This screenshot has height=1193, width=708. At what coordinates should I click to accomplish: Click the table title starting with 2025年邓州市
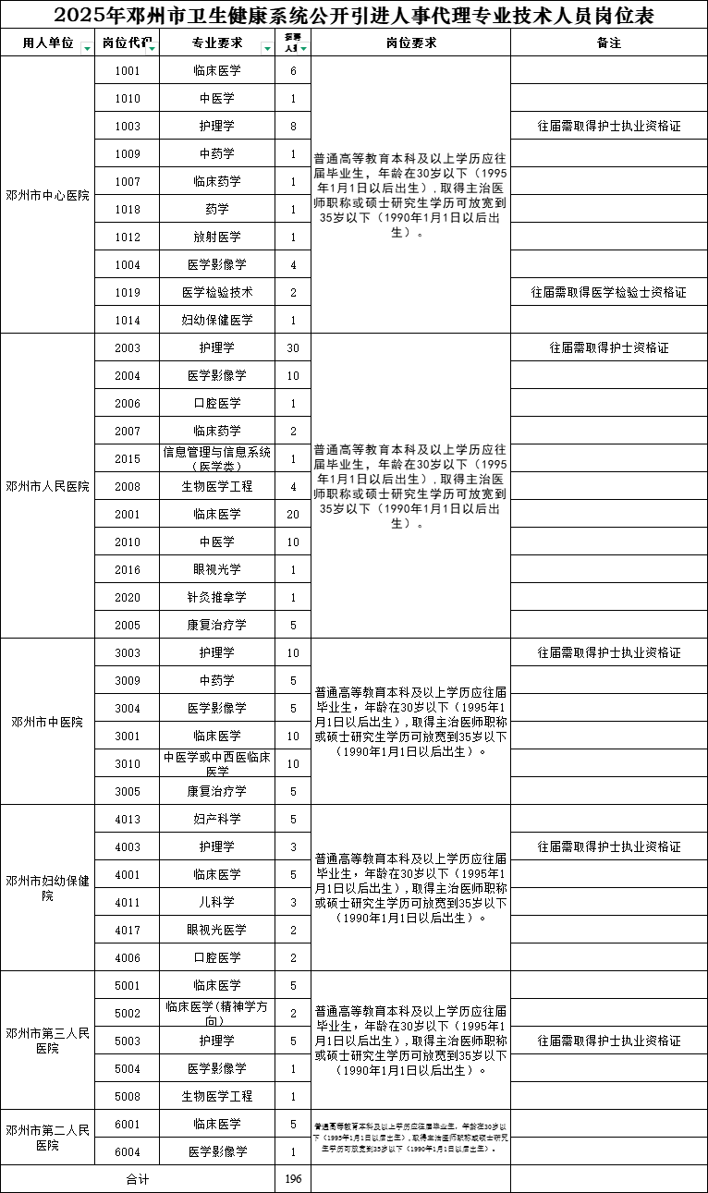pyautogui.click(x=354, y=16)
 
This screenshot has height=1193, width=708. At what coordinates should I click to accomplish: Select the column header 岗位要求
pyautogui.click(x=410, y=43)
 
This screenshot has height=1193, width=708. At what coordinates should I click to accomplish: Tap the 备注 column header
pyautogui.click(x=608, y=43)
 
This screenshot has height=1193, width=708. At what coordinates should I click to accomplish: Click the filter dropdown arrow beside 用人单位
pyautogui.click(x=87, y=48)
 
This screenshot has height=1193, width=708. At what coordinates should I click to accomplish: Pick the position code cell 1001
pyautogui.click(x=128, y=71)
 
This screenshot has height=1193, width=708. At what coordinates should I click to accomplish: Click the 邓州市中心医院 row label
pyautogui.click(x=47, y=195)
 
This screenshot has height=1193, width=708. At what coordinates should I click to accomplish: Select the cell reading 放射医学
pyautogui.click(x=217, y=237)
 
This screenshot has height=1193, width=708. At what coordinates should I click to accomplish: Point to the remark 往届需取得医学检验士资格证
pyautogui.click(x=608, y=293)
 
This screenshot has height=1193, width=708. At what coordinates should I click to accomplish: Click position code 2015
pyautogui.click(x=128, y=459)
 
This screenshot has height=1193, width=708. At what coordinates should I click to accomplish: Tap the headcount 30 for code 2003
pyautogui.click(x=293, y=348)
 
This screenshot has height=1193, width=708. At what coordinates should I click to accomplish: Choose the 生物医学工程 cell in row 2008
pyautogui.click(x=217, y=487)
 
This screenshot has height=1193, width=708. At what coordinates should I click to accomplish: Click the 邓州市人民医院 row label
pyautogui.click(x=47, y=486)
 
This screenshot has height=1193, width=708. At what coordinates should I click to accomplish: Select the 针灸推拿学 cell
pyautogui.click(x=217, y=598)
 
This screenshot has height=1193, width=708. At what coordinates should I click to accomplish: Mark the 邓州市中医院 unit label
pyautogui.click(x=47, y=722)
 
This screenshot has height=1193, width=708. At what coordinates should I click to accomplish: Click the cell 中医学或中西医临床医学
pyautogui.click(x=217, y=763)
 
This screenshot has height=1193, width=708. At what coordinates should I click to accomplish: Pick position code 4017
pyautogui.click(x=128, y=930)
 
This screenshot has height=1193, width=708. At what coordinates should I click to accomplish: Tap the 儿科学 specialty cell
pyautogui.click(x=217, y=902)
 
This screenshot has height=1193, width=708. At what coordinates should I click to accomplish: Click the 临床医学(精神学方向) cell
pyautogui.click(x=217, y=1013)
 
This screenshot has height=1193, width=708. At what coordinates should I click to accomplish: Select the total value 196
pyautogui.click(x=293, y=1179)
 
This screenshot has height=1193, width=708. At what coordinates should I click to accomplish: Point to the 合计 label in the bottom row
pyautogui.click(x=138, y=1179)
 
